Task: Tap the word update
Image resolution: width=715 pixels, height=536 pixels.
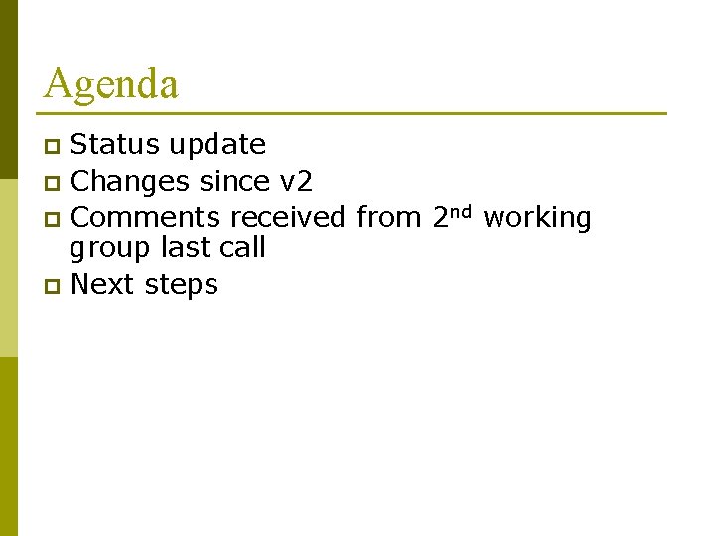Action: pyautogui.click(x=216, y=146)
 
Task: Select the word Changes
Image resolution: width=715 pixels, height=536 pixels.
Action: pyautogui.click(x=130, y=182)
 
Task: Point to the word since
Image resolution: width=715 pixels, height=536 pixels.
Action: pyautogui.click(x=233, y=182)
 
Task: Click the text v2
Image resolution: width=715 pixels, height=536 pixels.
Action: pyautogui.click(x=295, y=182)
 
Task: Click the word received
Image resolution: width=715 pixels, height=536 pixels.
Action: pyautogui.click(x=287, y=218)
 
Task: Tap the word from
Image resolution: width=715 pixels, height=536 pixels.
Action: pyautogui.click(x=388, y=218)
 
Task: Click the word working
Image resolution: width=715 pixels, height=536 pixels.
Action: pyautogui.click(x=536, y=219)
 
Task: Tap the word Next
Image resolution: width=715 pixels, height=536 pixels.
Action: pyautogui.click(x=103, y=285)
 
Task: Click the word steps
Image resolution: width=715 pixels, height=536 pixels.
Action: pyautogui.click(x=181, y=286)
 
